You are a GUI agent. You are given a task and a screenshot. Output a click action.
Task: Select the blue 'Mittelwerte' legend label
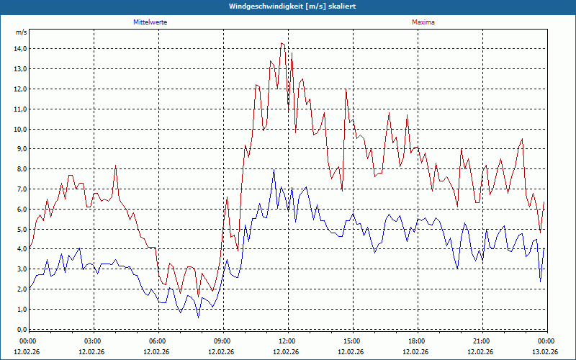(x=150, y=22)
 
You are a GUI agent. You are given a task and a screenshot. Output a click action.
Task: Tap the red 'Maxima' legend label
(x=423, y=22)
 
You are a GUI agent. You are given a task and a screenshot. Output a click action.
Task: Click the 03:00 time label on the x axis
(x=93, y=341)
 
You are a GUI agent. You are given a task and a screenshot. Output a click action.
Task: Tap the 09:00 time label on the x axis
(x=222, y=341)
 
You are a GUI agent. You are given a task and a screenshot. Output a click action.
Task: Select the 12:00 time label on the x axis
(x=287, y=341)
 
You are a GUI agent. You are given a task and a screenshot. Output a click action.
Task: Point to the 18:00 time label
(x=417, y=341)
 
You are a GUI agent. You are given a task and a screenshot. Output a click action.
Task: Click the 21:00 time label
(x=482, y=341)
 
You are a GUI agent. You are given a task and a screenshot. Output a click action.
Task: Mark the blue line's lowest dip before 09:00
(x=199, y=317)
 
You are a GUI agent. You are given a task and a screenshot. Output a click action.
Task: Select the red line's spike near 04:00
(x=115, y=166)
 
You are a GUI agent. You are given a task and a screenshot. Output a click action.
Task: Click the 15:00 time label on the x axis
(x=352, y=341)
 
